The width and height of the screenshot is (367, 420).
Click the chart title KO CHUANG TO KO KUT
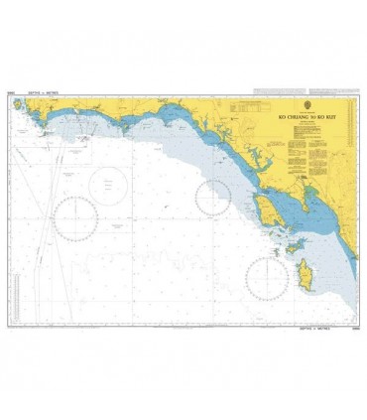[x=306, y=117]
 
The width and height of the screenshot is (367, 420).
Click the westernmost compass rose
[x=75, y=217]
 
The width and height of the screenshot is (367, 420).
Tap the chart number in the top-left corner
[x=12, y=94]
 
